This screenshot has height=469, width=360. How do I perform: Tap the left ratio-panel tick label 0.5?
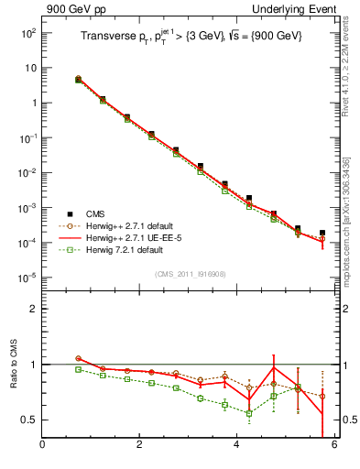pos(29,420)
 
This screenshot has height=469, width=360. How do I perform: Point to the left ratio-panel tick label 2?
pos(33,309)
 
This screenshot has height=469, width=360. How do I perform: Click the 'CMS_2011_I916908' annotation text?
pos(189,274)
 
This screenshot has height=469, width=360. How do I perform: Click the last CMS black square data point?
pos(322,233)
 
